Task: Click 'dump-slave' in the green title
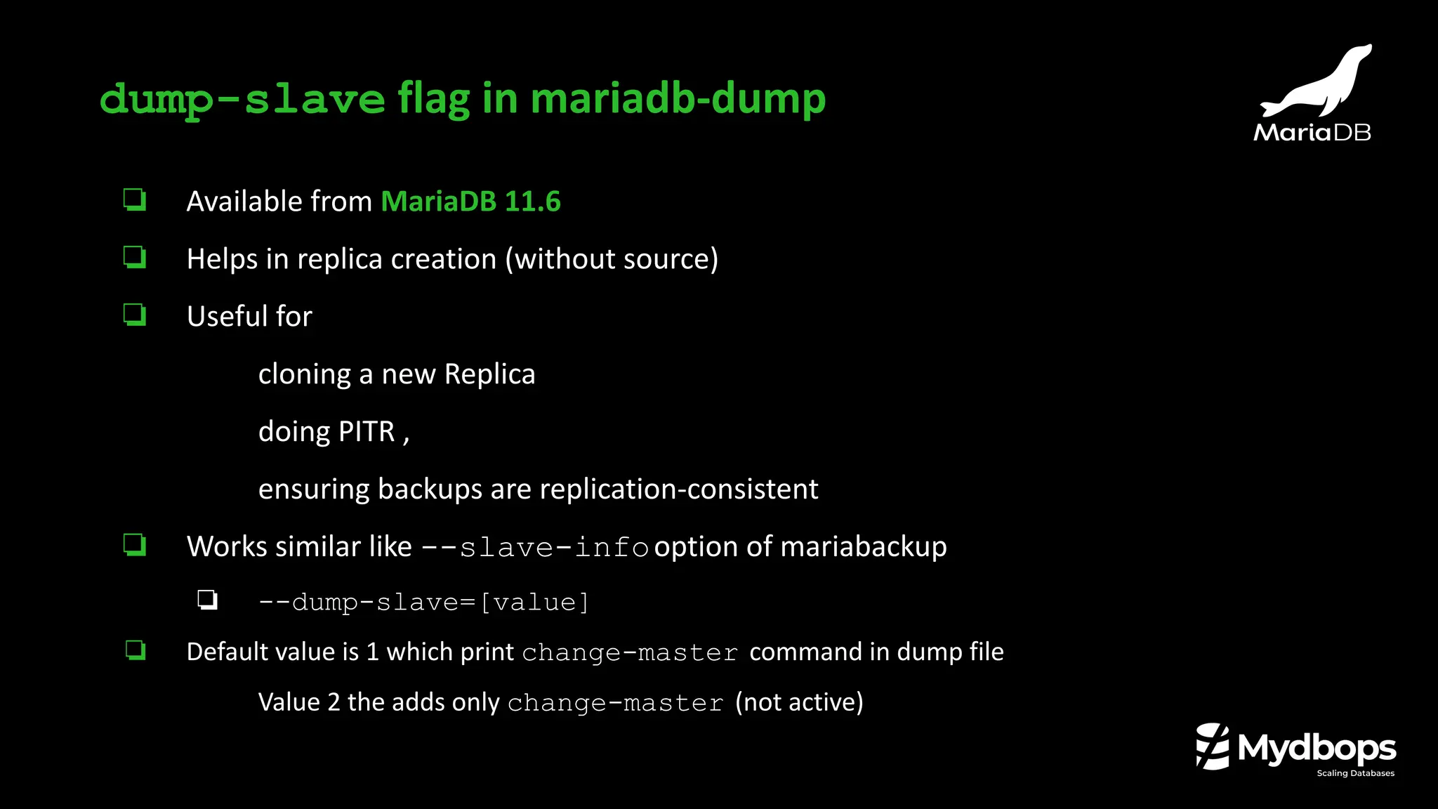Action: coord(242,99)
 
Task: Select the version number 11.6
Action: coord(532,202)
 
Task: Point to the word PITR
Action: coord(367,431)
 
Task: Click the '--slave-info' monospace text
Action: coord(535,547)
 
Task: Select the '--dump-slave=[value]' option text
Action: coord(423,603)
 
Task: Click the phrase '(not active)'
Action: coord(799,702)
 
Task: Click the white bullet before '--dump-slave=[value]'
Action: coord(207,600)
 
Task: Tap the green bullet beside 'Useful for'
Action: coord(135,315)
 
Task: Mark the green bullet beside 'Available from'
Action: coord(135,200)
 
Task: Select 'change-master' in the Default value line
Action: coord(630,652)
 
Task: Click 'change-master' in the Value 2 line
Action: coord(615,703)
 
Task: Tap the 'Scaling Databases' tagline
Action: coord(1355,773)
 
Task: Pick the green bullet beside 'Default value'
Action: coord(136,650)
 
